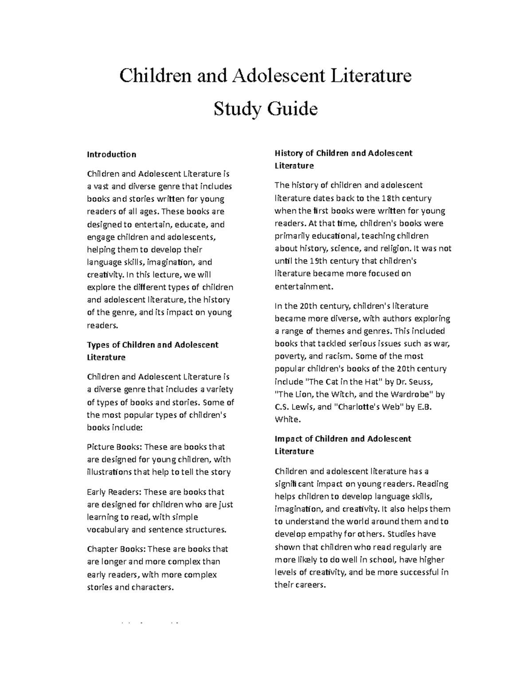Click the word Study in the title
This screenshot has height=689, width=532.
tap(237, 109)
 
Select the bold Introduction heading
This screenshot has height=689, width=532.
tap(111, 154)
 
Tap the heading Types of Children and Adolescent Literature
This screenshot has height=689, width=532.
tap(153, 350)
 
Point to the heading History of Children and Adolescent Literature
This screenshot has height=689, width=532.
tap(343, 159)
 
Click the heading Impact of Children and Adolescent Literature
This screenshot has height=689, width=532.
tap(343, 445)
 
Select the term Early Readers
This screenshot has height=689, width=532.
tap(113, 492)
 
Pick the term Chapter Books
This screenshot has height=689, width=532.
tap(115, 549)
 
